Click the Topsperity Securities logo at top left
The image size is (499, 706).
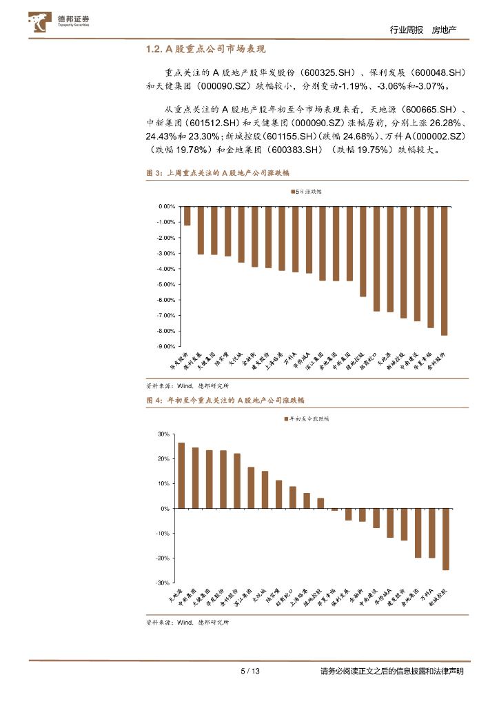(x=59, y=22)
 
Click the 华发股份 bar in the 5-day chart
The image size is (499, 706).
(x=187, y=216)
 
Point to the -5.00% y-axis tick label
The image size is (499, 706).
(x=166, y=284)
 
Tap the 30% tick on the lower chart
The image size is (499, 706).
(x=164, y=434)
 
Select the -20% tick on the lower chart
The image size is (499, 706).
(x=163, y=558)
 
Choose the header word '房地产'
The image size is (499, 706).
(x=445, y=30)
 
